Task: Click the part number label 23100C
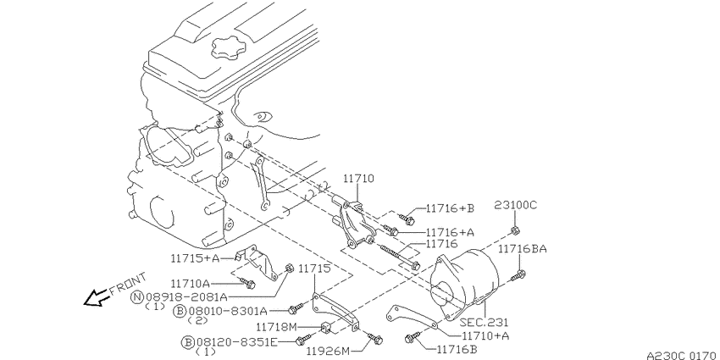point(515,205)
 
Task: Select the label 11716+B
point(450,208)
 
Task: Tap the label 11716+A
point(450,232)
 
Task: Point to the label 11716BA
point(523,249)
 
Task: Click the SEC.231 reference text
point(484,324)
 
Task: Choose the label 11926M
point(329,352)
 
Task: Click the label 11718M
point(276,328)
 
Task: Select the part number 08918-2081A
point(185,297)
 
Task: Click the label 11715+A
point(195,258)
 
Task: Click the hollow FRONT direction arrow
point(96,297)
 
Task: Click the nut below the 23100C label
point(515,230)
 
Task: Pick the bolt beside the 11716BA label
point(518,276)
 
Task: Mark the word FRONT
point(128,285)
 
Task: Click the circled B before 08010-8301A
point(180,312)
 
